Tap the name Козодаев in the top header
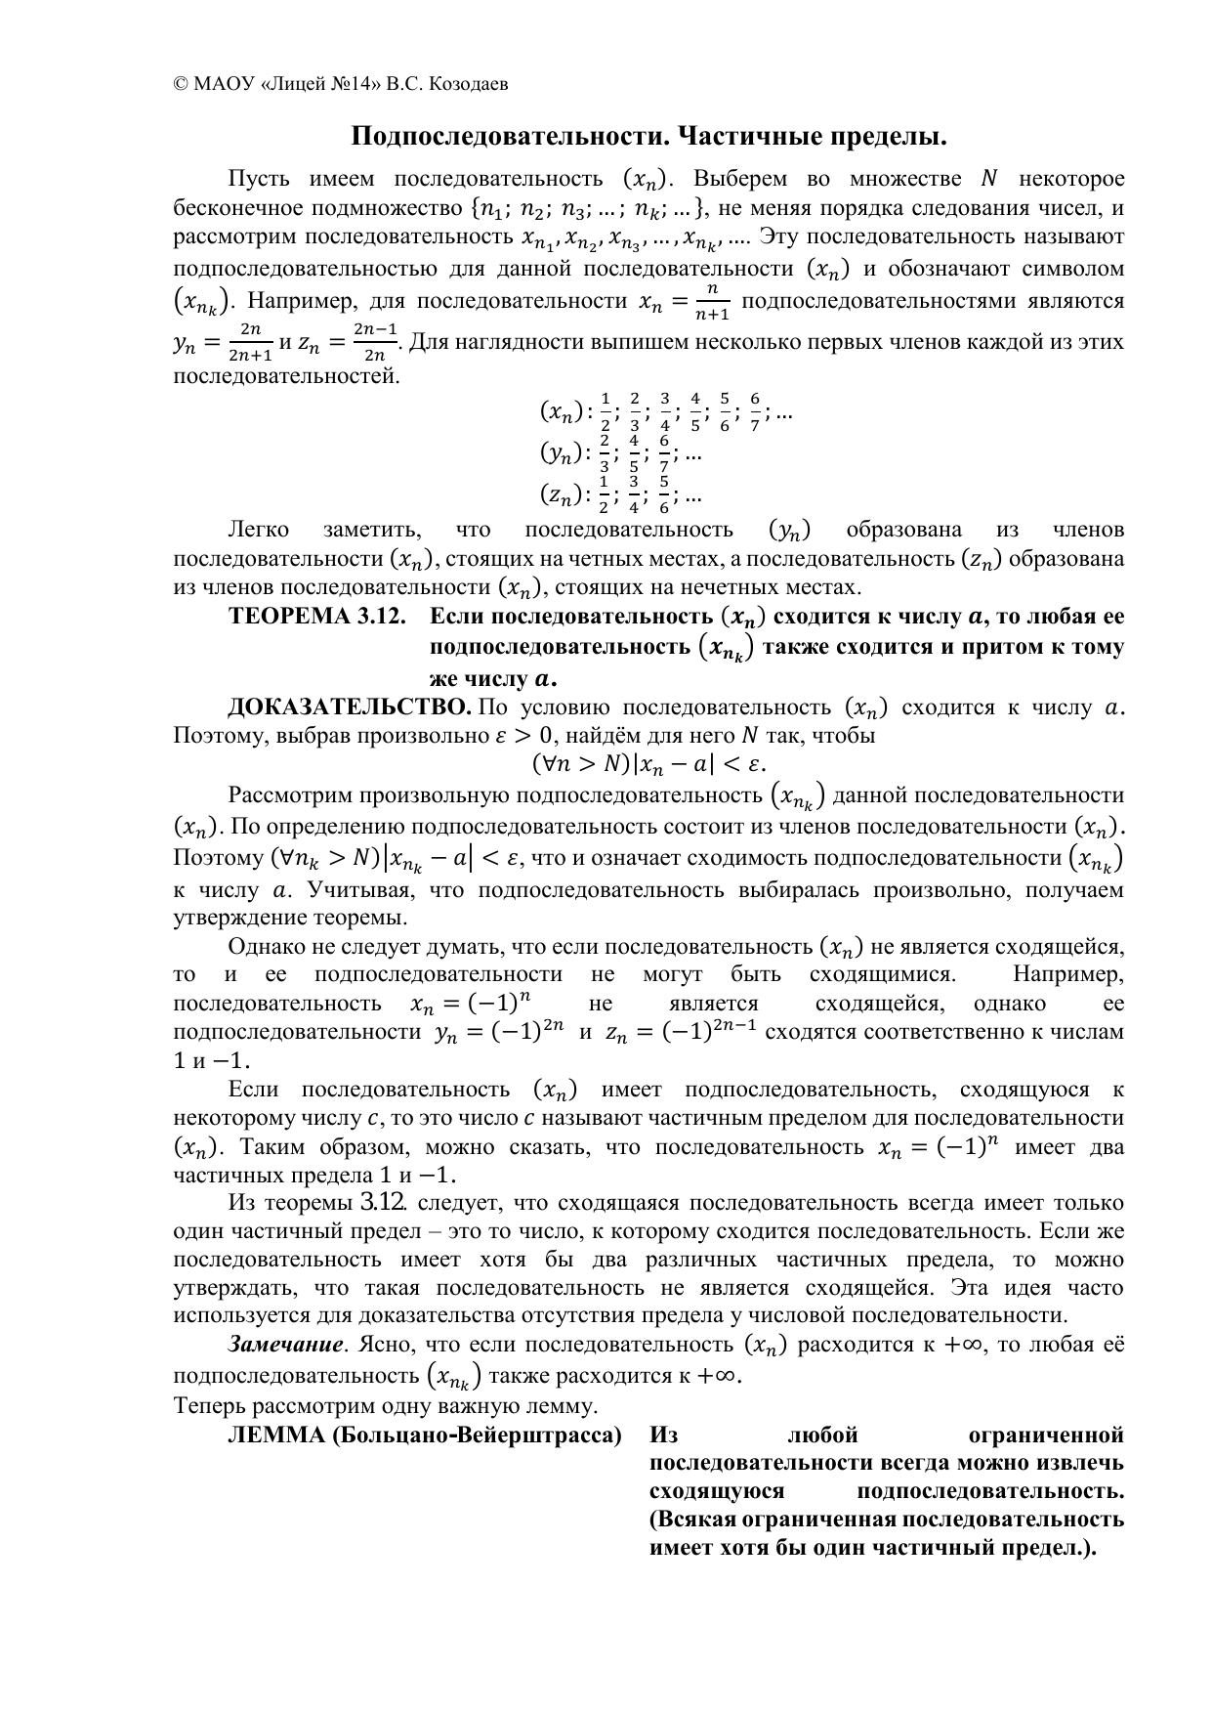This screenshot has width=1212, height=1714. tap(475, 84)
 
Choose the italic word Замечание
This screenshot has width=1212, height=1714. tap(286, 1345)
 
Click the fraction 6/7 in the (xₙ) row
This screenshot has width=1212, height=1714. tap(755, 412)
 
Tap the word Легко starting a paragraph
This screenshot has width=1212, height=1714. tap(258, 530)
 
